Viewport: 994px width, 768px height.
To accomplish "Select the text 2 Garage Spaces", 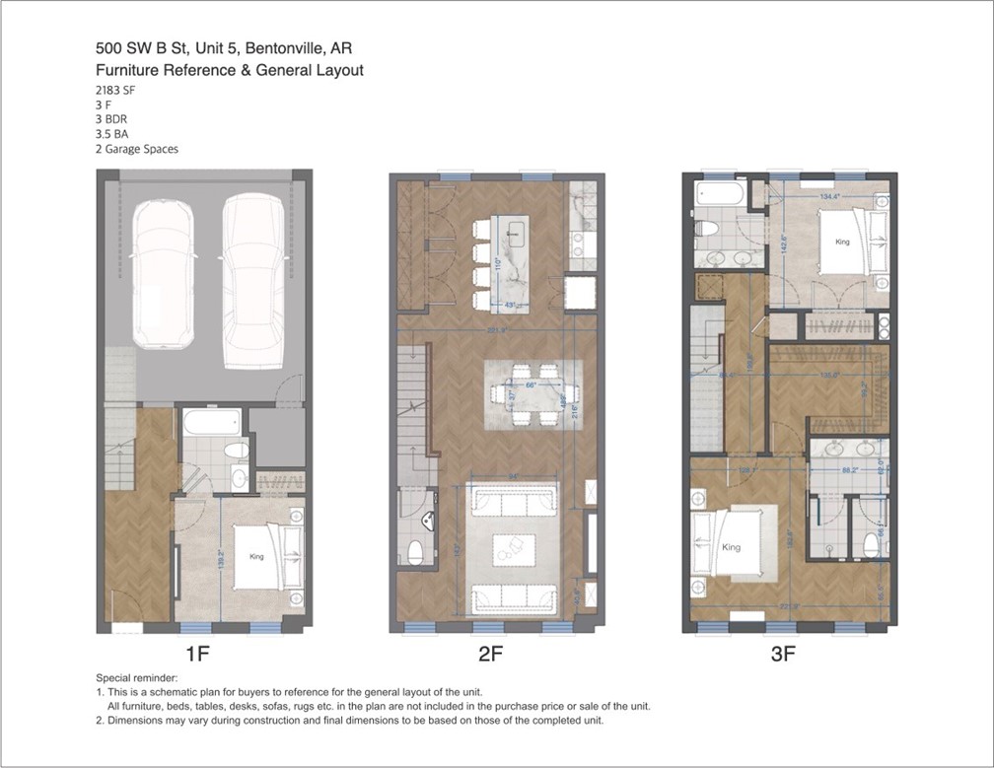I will coord(137,149).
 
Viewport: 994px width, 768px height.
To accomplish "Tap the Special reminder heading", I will coord(138,679).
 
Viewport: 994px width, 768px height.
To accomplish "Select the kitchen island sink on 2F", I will coord(515,234).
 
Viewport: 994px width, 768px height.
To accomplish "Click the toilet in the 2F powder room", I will coord(414,551).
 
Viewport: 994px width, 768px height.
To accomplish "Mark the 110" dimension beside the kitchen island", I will coord(499,264).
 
